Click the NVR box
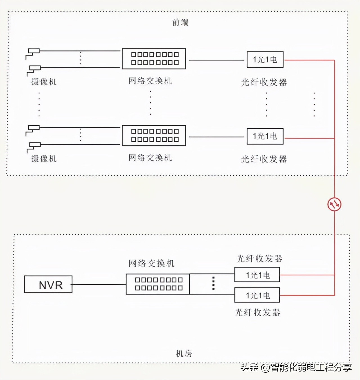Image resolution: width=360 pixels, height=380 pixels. [x=48, y=284]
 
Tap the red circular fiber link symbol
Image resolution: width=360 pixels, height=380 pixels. [x=334, y=204]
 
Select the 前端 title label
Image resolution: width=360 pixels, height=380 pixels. [x=180, y=22]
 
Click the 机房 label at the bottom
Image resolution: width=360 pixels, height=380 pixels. [x=184, y=354]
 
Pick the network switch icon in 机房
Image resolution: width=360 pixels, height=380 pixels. [x=158, y=284]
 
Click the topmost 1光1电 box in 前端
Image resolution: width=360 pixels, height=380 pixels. [x=265, y=60]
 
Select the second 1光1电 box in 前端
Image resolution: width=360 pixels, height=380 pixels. [x=265, y=136]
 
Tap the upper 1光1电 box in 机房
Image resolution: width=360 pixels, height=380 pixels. [x=257, y=275]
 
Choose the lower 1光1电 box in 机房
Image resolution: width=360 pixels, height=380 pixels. [x=257, y=295]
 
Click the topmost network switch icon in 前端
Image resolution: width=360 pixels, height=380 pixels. [x=154, y=59]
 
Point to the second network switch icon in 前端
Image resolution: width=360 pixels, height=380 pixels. [x=154, y=135]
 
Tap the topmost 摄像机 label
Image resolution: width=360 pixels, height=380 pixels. [x=44, y=82]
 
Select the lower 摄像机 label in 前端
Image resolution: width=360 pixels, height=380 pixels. [x=44, y=159]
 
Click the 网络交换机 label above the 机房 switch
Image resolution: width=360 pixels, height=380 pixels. [x=152, y=263]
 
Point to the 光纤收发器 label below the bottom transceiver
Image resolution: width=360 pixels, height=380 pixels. [x=257, y=312]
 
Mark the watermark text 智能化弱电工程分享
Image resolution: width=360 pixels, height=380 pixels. [x=311, y=367]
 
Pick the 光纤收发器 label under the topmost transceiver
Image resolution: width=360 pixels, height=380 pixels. [x=264, y=82]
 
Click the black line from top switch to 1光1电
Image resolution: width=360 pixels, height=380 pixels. [x=217, y=60]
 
